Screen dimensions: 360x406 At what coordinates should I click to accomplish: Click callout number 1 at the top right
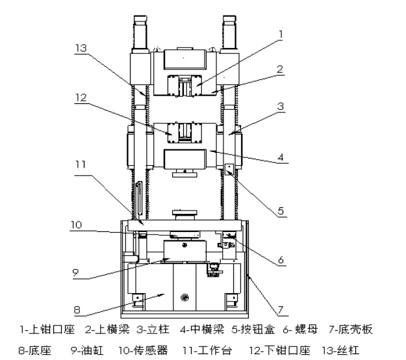pos(281,33)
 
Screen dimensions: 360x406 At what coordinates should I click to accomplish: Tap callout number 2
pos(280,68)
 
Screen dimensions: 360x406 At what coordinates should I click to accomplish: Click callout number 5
pos(281,211)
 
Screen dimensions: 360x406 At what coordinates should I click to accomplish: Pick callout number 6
pos(281,260)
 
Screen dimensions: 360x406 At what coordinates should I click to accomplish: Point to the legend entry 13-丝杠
pos(340,350)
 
